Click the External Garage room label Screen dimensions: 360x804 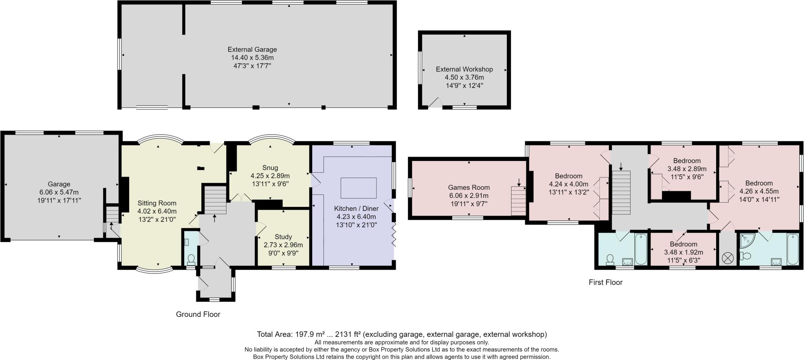[x=252, y=49]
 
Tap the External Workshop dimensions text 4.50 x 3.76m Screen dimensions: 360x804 [x=464, y=77]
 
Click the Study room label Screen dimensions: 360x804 [x=283, y=237]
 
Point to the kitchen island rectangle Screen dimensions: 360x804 [x=358, y=188]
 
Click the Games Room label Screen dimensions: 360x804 [x=469, y=187]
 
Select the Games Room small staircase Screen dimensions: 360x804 [x=518, y=201]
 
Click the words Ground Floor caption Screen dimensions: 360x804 [x=198, y=314]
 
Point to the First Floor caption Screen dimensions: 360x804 [x=605, y=282]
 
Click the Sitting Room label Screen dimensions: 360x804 [x=157, y=203]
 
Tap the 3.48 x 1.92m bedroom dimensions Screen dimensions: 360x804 [x=683, y=252]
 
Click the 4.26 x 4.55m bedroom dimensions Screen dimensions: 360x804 [x=758, y=191]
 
